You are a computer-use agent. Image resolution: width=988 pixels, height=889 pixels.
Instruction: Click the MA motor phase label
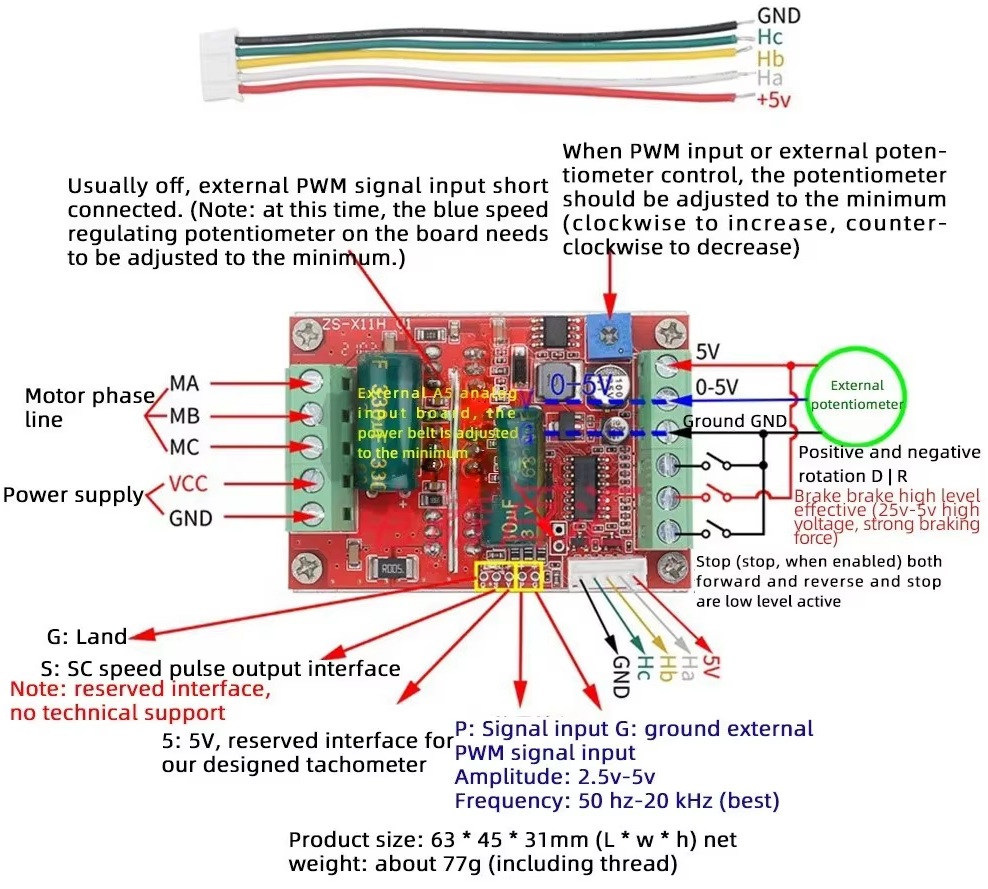(184, 383)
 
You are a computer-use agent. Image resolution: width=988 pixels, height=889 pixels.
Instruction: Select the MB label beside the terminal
(184, 414)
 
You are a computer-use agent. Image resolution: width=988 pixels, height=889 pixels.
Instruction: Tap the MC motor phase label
(184, 446)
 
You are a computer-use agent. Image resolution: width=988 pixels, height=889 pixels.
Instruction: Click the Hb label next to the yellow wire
(770, 58)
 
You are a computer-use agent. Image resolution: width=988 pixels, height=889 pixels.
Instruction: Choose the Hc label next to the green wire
(770, 38)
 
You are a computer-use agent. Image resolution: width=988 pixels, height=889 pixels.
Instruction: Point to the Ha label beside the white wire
(770, 78)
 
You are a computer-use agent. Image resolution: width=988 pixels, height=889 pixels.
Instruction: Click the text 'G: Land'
(87, 636)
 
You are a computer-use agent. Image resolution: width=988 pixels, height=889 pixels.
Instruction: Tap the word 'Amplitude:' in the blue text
(500, 776)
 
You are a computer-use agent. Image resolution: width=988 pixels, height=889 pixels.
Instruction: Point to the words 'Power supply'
(73, 495)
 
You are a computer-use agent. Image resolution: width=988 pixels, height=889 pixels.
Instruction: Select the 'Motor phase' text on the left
(89, 396)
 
